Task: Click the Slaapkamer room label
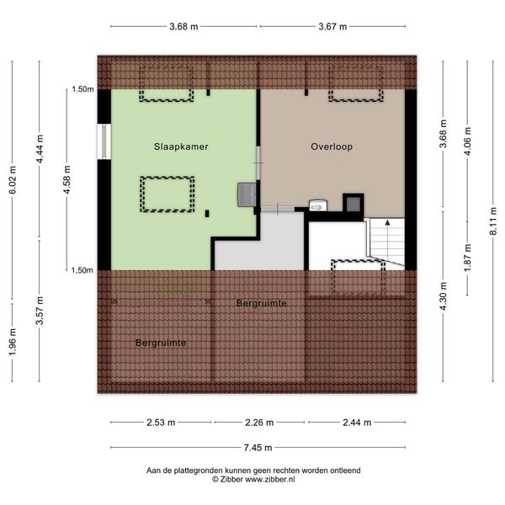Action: coord(181,146)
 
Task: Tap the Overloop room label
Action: coord(332,146)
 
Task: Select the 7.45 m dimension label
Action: coord(258,448)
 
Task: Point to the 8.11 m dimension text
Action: coord(493,221)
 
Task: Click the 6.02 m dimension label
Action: coord(13,180)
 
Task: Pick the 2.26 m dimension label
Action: coord(259,423)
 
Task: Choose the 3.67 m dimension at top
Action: coord(332,26)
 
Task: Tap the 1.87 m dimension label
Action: coord(468,258)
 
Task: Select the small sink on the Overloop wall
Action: coord(318,206)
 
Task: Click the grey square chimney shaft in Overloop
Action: coord(353,203)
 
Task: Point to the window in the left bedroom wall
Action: coord(104,141)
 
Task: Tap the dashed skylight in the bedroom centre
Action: coord(167,194)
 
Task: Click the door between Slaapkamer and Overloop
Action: coord(258,163)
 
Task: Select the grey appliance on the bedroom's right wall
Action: coord(247,194)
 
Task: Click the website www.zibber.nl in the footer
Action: coord(270,479)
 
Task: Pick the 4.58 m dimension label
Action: coord(66,180)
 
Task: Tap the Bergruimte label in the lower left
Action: coord(161,343)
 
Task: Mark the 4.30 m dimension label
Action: coord(444,296)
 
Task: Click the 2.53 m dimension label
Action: coord(161,423)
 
